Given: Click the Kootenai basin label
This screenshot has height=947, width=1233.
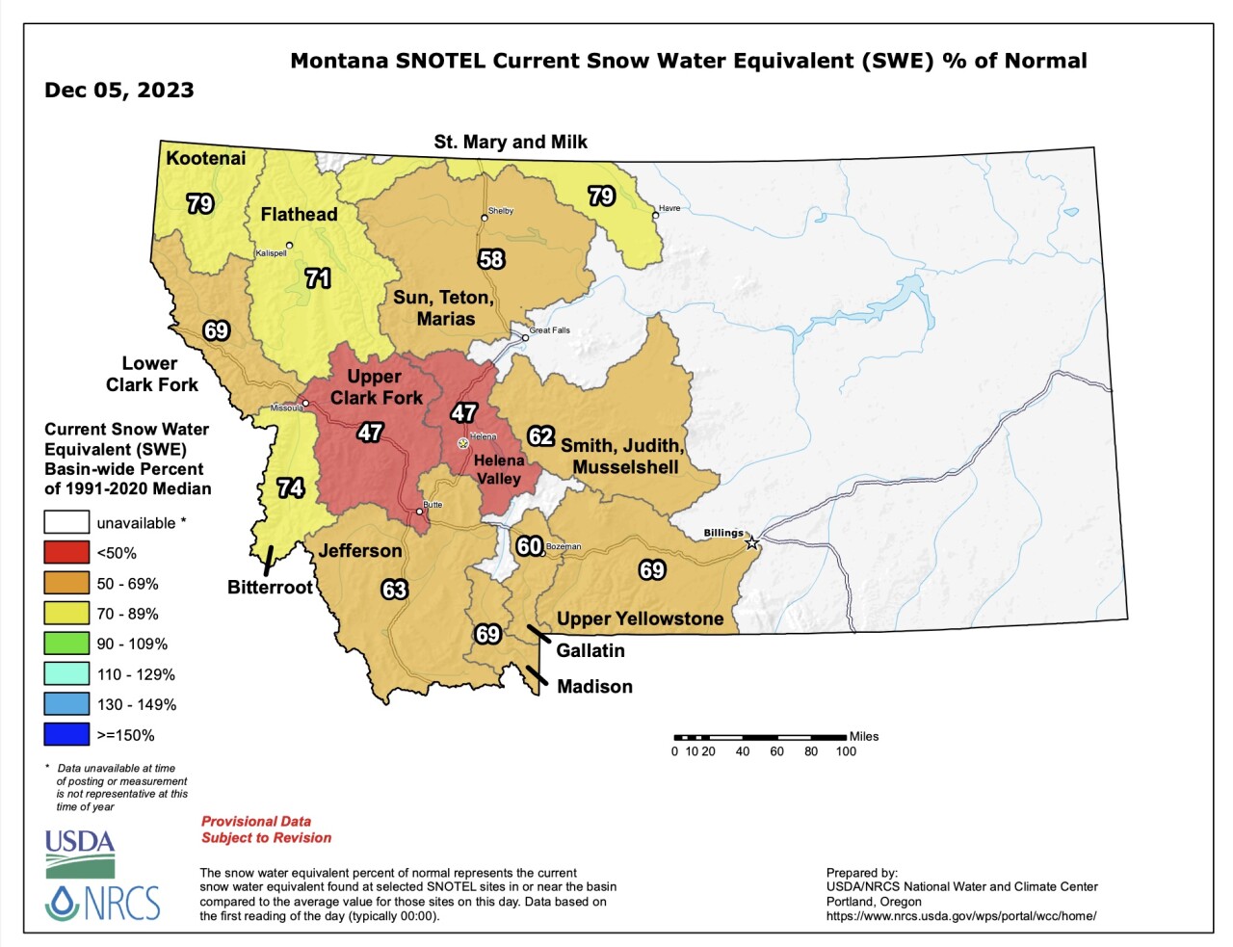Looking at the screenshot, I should tap(205, 158).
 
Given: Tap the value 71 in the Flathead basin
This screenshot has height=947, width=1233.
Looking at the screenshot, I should tap(318, 278).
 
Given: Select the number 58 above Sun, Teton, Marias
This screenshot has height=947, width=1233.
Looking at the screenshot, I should tap(491, 259).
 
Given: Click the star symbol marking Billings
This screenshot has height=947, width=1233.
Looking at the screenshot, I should tap(752, 543).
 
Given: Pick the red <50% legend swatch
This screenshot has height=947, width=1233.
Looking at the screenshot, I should tap(66, 553).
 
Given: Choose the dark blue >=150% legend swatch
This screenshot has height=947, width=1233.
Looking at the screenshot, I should tap(66, 735).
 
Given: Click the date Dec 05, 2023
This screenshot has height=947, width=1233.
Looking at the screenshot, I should tap(119, 91).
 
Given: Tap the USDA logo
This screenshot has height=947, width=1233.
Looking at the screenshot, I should tap(80, 853).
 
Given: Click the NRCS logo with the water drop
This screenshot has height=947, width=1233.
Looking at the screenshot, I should tap(102, 904).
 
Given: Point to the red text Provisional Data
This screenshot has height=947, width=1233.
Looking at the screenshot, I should tap(256, 822).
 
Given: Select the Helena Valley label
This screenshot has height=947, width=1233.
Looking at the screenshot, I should tap(499, 469).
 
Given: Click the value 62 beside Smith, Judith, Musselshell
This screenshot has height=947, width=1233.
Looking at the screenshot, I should tap(541, 436).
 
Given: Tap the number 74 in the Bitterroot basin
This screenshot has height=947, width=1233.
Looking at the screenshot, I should tap(291, 488).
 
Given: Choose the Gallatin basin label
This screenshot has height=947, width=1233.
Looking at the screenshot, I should tap(590, 651).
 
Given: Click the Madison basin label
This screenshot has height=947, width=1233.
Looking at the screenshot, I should tap(594, 687).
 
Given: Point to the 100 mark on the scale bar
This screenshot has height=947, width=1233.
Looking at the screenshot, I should tap(846, 751).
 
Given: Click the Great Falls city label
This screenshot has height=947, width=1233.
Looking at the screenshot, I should tap(550, 330).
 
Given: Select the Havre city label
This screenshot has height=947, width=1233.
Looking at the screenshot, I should tap(669, 208).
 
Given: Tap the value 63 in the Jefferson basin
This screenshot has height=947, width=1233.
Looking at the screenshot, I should tap(395, 590).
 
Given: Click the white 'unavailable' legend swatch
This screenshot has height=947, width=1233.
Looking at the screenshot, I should tap(66, 523).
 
